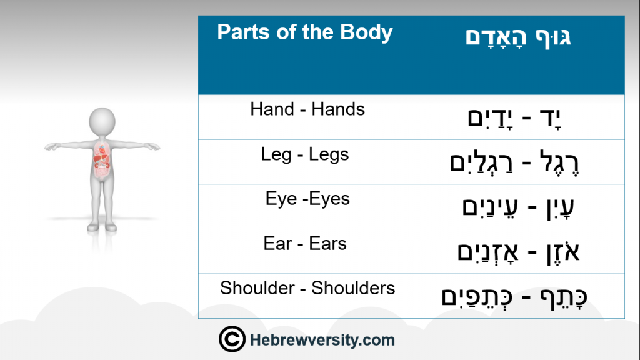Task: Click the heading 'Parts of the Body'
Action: pyautogui.click(x=304, y=32)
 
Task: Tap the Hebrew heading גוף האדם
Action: pyautogui.click(x=518, y=37)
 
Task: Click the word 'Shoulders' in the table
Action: pyautogui.click(x=353, y=288)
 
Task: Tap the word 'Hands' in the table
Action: pyautogui.click(x=338, y=109)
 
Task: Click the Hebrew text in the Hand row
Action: pyautogui.click(x=514, y=118)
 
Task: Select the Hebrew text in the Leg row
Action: pyautogui.click(x=514, y=162)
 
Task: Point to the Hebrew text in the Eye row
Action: pyautogui.click(x=518, y=207)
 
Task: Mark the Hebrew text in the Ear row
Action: pyautogui.click(x=518, y=252)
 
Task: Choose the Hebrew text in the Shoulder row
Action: pyautogui.click(x=514, y=297)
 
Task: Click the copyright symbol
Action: pyautogui.click(x=232, y=339)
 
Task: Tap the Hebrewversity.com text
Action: pyautogui.click(x=322, y=340)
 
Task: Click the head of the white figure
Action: pyautogui.click(x=102, y=122)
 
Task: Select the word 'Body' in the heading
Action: pyautogui.click(x=366, y=32)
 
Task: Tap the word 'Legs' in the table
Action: pyautogui.click(x=329, y=155)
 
